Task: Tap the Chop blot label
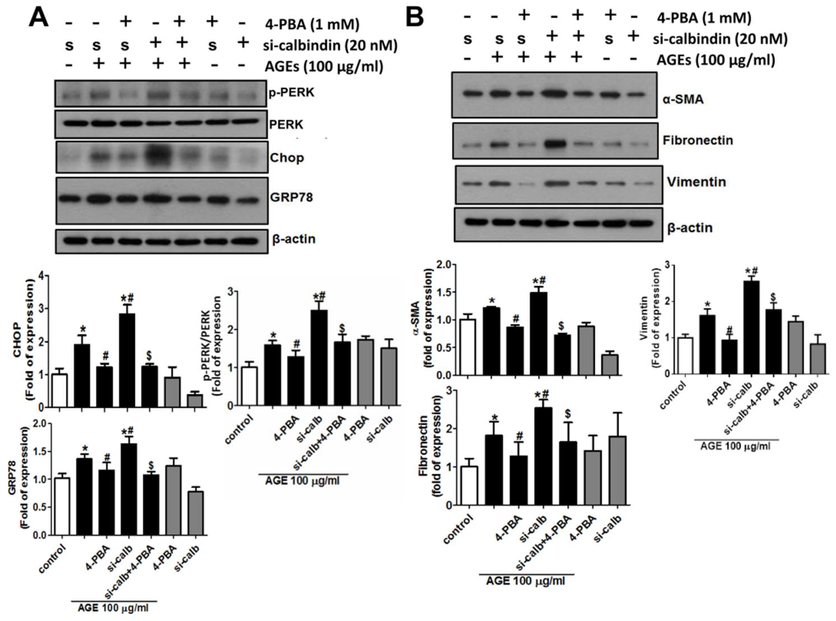coord(286,158)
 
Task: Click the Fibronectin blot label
coord(697,140)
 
